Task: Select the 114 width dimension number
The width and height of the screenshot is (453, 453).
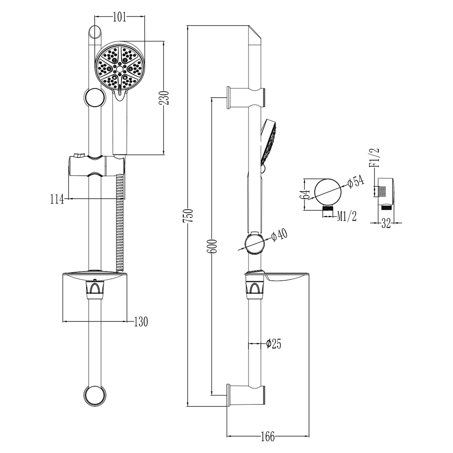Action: (x=57, y=199)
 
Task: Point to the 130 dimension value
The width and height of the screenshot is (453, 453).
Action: (x=141, y=322)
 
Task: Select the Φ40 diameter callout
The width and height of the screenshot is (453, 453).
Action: (x=280, y=235)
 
